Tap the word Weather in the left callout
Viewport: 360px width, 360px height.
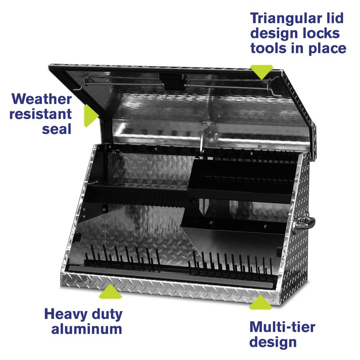[x=42, y=99]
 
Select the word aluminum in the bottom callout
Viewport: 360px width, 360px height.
[x=87, y=329]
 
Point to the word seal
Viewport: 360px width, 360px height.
[x=58, y=128]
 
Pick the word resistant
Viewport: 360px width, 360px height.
[x=41, y=114]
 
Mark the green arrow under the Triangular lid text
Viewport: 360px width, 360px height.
[x=262, y=72]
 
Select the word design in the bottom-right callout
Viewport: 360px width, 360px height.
[x=273, y=342]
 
